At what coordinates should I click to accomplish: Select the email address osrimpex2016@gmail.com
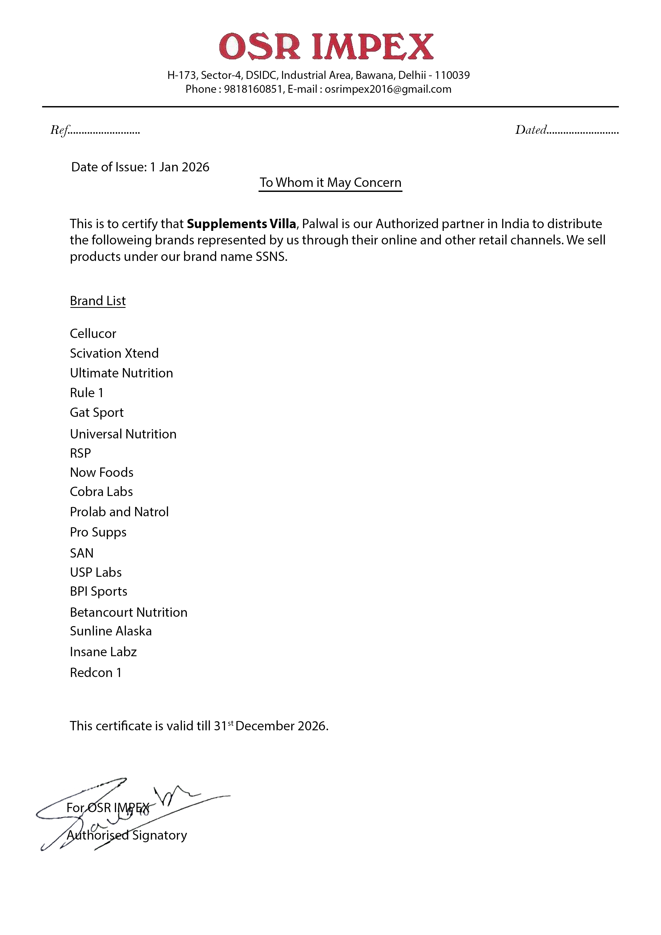(x=388, y=89)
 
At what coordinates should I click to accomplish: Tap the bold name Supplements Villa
(x=241, y=224)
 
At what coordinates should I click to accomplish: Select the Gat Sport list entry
(x=96, y=413)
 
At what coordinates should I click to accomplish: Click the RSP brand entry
(x=80, y=453)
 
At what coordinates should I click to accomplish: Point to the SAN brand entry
(x=82, y=553)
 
